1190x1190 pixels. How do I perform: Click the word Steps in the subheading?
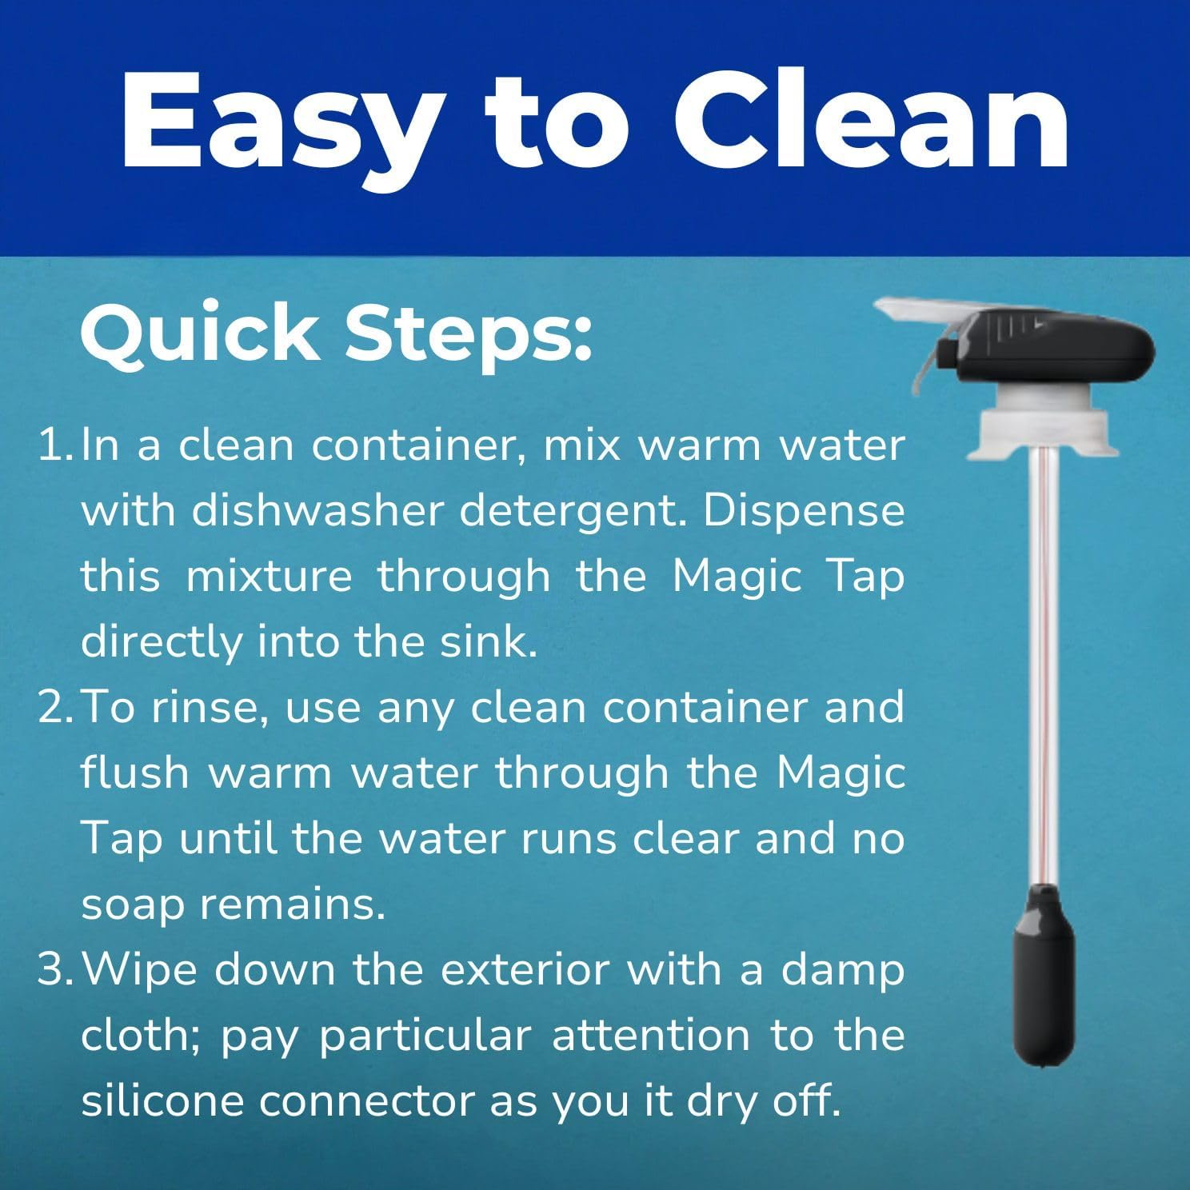[x=469, y=333]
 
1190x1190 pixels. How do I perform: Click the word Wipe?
[x=140, y=969]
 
